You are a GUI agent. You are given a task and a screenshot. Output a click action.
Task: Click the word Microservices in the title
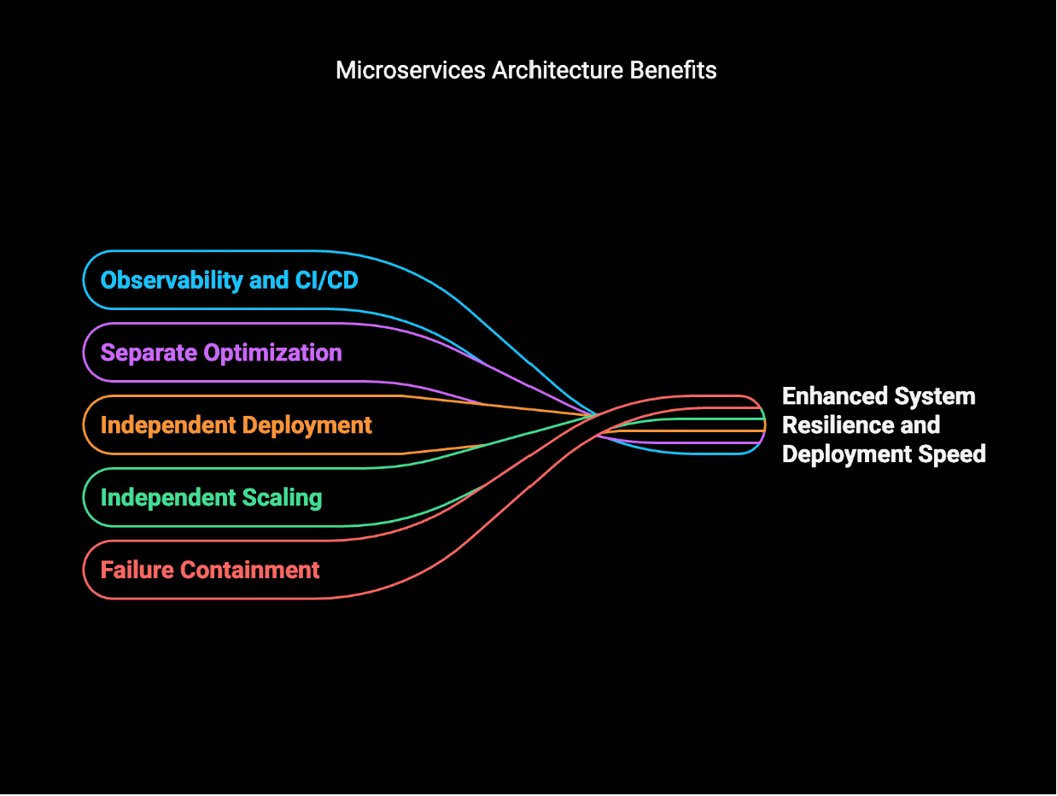tap(411, 70)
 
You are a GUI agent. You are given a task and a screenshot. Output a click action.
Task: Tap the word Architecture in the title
tap(558, 70)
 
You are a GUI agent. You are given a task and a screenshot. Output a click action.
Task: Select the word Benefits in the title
tap(673, 70)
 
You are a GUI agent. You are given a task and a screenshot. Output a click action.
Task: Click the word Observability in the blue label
tap(172, 281)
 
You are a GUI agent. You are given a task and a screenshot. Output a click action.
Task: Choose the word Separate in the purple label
tap(149, 354)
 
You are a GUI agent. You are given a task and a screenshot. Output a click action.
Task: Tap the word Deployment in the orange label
tap(307, 426)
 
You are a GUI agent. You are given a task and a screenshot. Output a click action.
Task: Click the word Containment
tap(250, 571)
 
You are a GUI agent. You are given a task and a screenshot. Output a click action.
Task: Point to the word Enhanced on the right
tap(834, 396)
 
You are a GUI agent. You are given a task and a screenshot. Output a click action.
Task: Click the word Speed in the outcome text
tap(952, 454)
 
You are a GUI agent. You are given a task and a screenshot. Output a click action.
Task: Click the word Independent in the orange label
tap(168, 425)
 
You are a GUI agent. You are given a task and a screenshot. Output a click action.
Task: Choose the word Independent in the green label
tap(168, 498)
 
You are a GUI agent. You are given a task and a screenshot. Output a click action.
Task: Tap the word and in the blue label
tap(269, 280)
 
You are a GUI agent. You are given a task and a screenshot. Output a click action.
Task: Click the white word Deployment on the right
tap(847, 454)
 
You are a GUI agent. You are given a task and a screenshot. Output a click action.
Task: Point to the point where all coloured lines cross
tap(597, 414)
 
